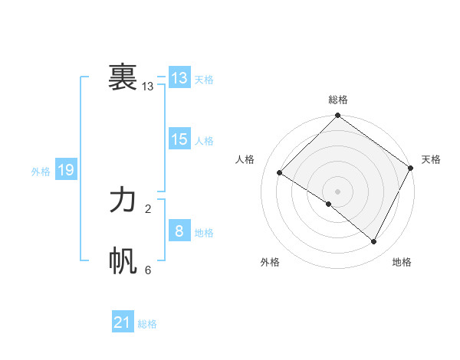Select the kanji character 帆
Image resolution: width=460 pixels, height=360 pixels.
tap(123, 261)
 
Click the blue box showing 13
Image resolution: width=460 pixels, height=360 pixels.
tap(179, 78)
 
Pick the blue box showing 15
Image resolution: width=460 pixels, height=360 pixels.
tap(179, 139)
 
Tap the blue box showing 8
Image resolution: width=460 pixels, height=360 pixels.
tap(179, 231)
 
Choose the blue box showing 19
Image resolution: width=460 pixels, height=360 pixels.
tap(66, 170)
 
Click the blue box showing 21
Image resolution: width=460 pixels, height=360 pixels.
tap(123, 322)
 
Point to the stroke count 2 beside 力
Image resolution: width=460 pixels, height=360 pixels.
tap(148, 208)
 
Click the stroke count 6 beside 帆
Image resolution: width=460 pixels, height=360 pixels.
tap(148, 270)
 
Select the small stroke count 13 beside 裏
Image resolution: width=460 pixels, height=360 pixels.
tap(148, 87)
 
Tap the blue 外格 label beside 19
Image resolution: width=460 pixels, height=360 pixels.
tap(41, 172)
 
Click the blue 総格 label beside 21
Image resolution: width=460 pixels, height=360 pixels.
tap(147, 324)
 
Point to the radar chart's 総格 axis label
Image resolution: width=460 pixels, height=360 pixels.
tap(338, 100)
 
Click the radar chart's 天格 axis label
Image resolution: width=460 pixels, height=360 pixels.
tap(431, 159)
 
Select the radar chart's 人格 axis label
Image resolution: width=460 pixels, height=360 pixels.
tap(245, 159)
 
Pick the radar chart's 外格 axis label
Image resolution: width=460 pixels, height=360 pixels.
tap(270, 262)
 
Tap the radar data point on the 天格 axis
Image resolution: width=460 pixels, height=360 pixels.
tap(410, 168)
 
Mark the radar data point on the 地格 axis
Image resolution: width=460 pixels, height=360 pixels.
tap(374, 242)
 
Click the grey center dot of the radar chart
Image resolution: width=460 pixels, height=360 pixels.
tap(337, 191)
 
